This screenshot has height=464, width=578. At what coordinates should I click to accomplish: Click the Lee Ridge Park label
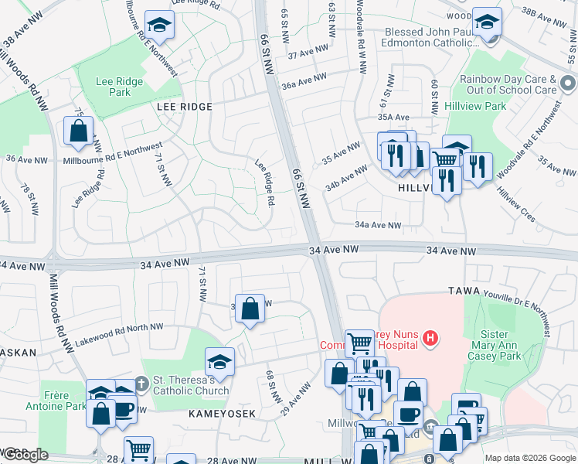pyautogui.click(x=114, y=87)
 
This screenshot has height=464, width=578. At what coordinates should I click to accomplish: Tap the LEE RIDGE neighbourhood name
pyautogui.click(x=184, y=106)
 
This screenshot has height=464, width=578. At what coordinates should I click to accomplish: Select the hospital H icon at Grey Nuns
pyautogui.click(x=431, y=338)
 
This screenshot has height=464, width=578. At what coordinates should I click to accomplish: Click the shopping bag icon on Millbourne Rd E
pyautogui.click(x=79, y=132)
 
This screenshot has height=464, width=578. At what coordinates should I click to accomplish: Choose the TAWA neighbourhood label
pyautogui.click(x=464, y=291)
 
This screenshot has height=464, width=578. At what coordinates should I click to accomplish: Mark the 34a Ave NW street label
pyautogui.click(x=378, y=225)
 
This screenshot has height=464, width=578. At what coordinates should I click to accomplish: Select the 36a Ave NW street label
pyautogui.click(x=303, y=80)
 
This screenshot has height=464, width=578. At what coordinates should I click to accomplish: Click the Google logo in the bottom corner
pyautogui.click(x=26, y=455)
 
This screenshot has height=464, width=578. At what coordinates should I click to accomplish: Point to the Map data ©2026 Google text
pyautogui.click(x=529, y=458)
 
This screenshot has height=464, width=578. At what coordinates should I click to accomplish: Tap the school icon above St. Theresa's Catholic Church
pyautogui.click(x=219, y=362)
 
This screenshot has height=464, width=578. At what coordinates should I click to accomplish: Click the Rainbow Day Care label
pyautogui.click(x=508, y=84)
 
